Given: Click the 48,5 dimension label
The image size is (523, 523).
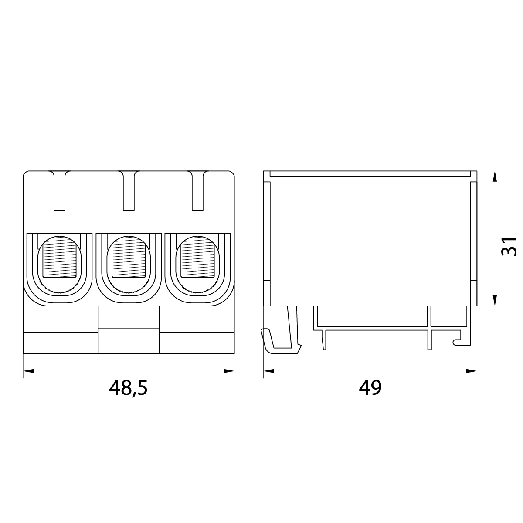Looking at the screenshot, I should pyautogui.click(x=128, y=387).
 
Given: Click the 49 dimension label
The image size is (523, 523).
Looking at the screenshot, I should pyautogui.click(x=370, y=387).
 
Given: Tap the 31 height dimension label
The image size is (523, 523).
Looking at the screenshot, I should pyautogui.click(x=509, y=246).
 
